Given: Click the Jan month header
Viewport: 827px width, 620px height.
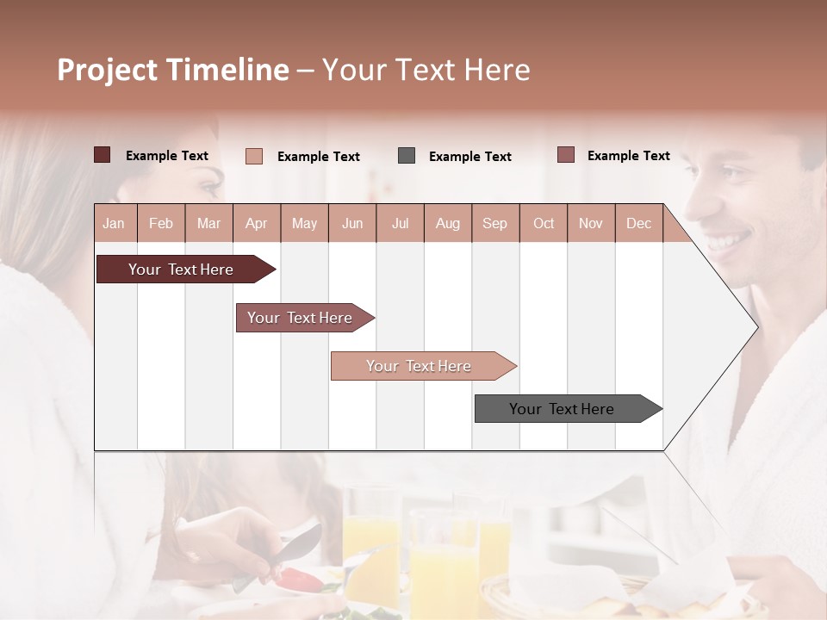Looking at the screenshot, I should tap(115, 223).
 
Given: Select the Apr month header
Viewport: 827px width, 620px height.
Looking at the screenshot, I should tap(257, 223).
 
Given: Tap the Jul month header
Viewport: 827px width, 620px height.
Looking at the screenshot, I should tap(400, 223).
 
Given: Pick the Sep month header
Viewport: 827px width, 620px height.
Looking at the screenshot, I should tap(494, 223).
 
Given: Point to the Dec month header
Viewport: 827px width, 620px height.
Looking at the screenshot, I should tap(638, 223).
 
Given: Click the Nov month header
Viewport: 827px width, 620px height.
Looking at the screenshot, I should tap(590, 223).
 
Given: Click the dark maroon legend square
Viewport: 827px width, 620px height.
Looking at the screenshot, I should tap(103, 155).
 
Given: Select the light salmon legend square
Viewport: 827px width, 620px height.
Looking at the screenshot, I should tap(254, 156).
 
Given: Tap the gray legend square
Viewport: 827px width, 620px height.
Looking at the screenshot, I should tap(407, 156).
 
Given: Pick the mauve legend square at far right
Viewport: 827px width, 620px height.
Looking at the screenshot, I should tap(566, 155).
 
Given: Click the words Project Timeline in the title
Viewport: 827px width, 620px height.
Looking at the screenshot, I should tap(172, 70).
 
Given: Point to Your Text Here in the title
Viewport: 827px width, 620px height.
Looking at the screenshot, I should tap(426, 70).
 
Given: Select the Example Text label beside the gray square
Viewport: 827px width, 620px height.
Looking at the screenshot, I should tap(470, 157).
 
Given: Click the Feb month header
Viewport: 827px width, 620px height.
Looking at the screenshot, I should tap(161, 223).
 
